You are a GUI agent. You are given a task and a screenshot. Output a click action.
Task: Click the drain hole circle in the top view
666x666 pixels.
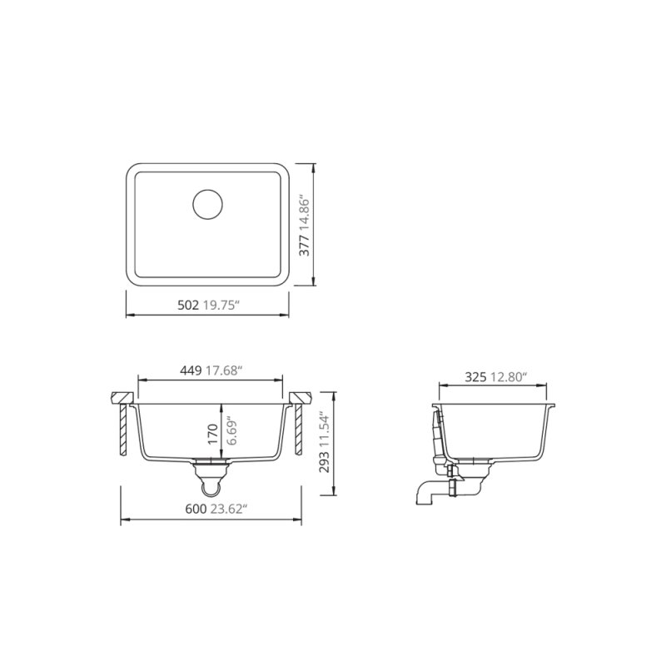point(208,204)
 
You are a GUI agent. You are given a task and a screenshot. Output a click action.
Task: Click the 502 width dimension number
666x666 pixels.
point(188,306)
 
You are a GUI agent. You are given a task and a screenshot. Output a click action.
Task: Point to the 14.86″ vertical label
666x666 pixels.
point(305,204)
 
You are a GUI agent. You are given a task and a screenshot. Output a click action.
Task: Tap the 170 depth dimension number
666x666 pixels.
point(213,432)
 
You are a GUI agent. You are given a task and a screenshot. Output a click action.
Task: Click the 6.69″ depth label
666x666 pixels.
point(232,432)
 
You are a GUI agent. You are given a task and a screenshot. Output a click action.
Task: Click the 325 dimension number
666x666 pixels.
point(475,377)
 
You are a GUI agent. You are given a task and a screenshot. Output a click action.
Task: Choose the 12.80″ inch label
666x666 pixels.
point(509,377)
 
